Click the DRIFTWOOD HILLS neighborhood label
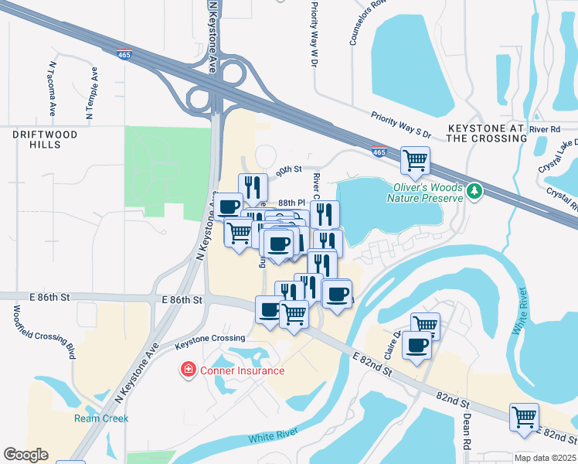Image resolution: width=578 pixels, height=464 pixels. [45, 140]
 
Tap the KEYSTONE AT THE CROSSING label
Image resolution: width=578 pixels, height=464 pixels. [487, 132]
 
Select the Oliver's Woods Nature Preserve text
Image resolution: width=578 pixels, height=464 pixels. [427, 192]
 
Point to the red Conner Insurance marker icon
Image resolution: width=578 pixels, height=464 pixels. [187, 370]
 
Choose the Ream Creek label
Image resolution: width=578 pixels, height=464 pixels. [101, 418]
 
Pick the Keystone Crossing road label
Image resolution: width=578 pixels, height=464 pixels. [210, 339]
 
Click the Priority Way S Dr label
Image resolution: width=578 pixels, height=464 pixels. [400, 123]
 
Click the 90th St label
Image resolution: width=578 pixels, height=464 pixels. [289, 169]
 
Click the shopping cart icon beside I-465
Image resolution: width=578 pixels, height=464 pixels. [416, 161]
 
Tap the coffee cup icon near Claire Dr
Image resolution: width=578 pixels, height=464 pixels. [417, 345]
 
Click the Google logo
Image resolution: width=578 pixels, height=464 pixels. [25, 454]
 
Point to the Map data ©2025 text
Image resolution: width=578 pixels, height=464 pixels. [545, 458]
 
